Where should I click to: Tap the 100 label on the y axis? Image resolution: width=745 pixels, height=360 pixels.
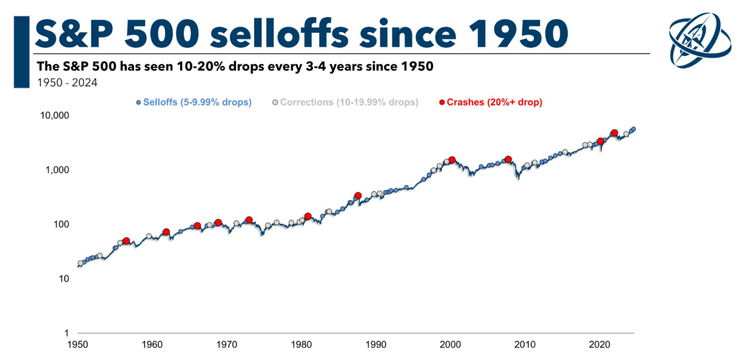(60, 225)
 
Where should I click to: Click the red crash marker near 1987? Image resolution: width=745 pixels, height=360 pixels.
(358, 196)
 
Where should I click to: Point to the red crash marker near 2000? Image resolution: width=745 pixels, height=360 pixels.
(452, 160)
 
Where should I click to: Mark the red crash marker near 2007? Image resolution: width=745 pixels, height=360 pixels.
(508, 160)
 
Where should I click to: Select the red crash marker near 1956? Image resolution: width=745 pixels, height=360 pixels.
(126, 241)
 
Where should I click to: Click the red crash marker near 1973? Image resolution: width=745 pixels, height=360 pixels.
(249, 220)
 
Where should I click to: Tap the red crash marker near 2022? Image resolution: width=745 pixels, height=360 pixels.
(615, 133)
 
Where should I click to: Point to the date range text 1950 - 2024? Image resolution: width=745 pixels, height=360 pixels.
(67, 83)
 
